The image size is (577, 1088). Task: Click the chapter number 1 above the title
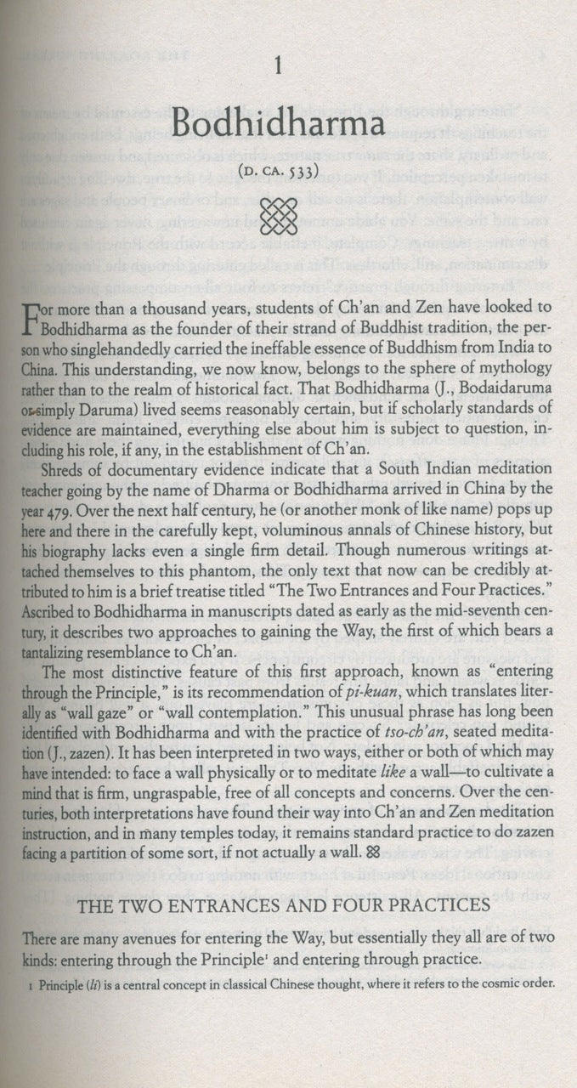click(290, 62)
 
